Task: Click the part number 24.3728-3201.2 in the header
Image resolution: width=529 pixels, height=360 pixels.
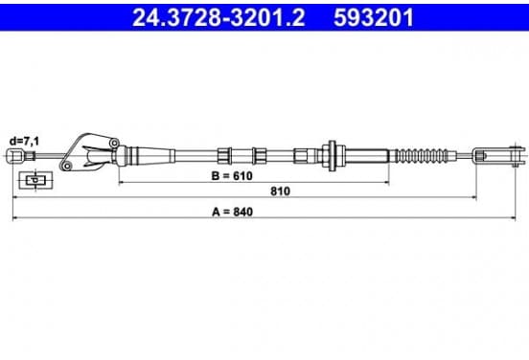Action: (218, 17)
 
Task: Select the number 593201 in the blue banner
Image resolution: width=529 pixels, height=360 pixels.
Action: (374, 17)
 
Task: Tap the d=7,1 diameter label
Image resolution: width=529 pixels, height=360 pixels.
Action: (24, 142)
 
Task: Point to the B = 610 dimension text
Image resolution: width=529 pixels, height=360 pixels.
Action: (232, 175)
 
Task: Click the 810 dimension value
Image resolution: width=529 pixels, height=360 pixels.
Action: (280, 191)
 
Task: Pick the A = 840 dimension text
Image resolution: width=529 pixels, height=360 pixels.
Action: (232, 212)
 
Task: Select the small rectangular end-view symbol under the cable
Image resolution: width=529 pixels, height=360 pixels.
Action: (35, 180)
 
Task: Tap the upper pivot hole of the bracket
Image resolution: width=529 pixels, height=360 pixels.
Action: (114, 143)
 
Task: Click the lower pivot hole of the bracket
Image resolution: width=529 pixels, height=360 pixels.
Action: (67, 166)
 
